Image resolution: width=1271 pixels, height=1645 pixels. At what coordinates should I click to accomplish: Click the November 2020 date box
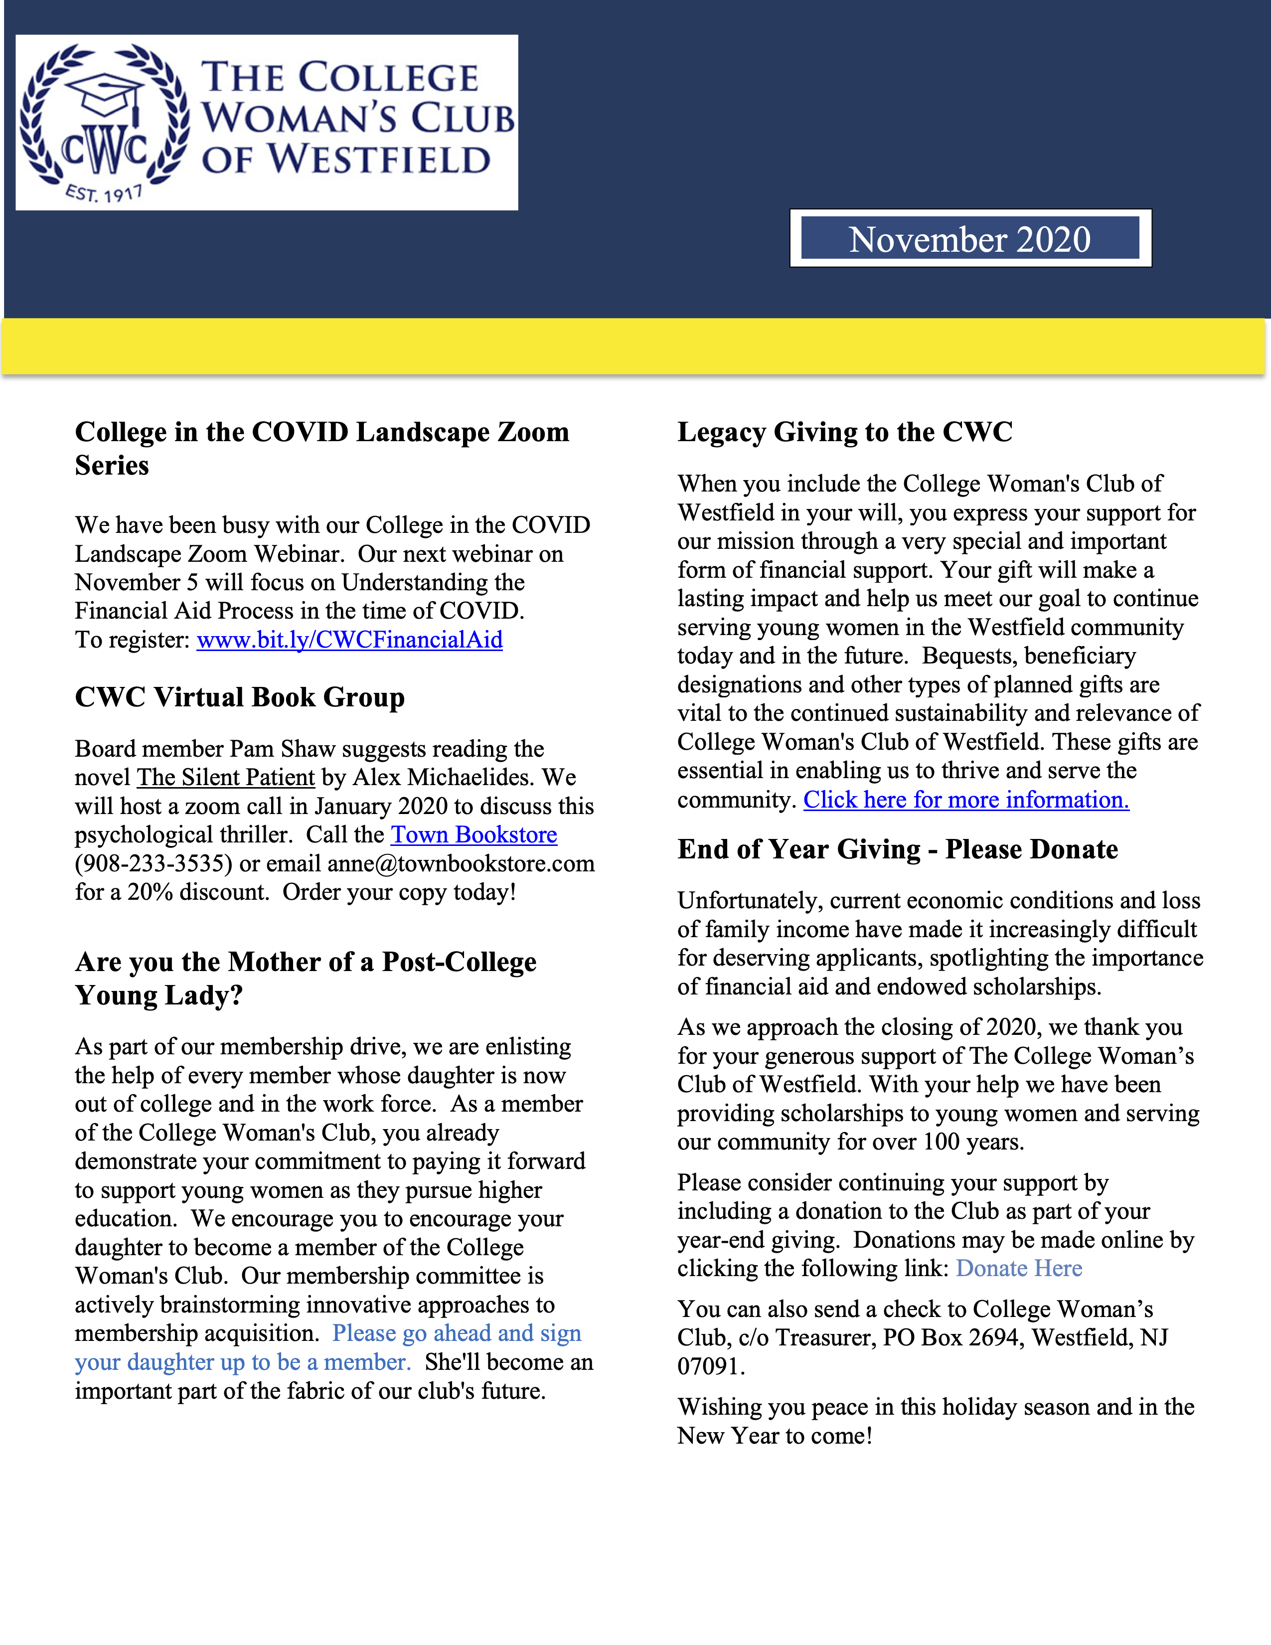pyautogui.click(x=970, y=239)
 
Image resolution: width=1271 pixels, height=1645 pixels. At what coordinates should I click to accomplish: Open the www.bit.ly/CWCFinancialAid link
pyautogui.click(x=349, y=640)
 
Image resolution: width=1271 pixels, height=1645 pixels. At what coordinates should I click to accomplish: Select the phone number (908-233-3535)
pyautogui.click(x=154, y=863)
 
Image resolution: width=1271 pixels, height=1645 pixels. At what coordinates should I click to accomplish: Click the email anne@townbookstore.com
pyautogui.click(x=461, y=863)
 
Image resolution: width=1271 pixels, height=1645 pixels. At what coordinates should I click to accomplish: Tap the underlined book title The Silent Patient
pyautogui.click(x=226, y=777)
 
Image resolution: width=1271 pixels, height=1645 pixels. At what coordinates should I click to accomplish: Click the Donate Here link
pyautogui.click(x=1019, y=1269)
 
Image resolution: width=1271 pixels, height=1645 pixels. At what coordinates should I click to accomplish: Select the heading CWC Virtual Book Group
pyautogui.click(x=239, y=697)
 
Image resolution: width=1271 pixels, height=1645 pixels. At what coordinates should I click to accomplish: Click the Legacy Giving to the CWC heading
pyautogui.click(x=845, y=432)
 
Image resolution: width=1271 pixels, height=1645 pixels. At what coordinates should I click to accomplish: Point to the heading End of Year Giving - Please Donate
pyautogui.click(x=898, y=849)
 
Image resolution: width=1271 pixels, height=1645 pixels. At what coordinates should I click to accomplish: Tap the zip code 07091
pyautogui.click(x=710, y=1366)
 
